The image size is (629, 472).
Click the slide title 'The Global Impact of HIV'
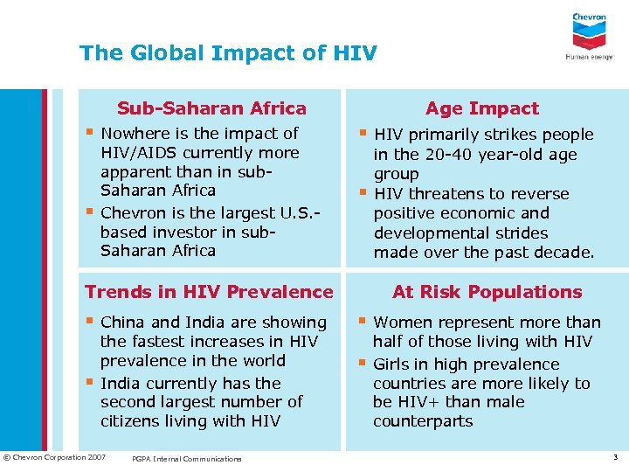pos(228,53)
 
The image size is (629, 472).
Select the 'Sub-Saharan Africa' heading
pos(212,108)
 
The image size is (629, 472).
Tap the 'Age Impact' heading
pos(482,108)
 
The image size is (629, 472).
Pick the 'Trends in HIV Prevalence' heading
pos(209,292)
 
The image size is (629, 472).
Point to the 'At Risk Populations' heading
pos(487,292)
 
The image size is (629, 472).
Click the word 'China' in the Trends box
pos(124,323)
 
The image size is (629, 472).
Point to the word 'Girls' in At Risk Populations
pos(392,364)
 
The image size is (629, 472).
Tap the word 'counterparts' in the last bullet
pos(423,421)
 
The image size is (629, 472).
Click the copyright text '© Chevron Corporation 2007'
pos(55,457)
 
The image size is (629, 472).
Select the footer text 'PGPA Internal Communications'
pos(186,458)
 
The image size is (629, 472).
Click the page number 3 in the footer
pos(614,457)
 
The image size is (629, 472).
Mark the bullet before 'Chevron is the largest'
pos(90,211)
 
